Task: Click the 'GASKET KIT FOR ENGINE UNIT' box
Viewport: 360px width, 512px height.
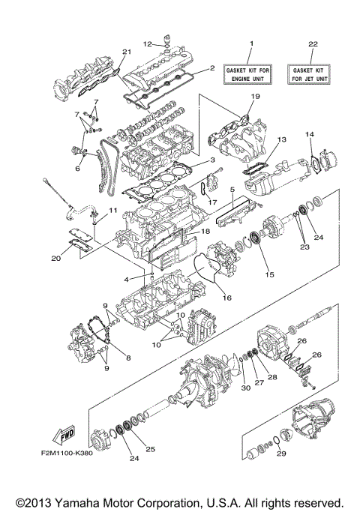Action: (252, 73)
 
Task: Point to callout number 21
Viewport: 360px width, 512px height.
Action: (127, 51)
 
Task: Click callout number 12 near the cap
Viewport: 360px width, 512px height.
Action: (148, 43)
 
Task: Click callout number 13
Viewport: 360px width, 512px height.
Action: (282, 140)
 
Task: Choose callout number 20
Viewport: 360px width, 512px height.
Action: (56, 259)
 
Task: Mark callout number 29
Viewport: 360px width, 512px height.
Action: (279, 453)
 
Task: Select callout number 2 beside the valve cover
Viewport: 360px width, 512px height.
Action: (212, 68)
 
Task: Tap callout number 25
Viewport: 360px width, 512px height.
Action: (150, 450)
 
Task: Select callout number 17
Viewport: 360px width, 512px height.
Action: (212, 202)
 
